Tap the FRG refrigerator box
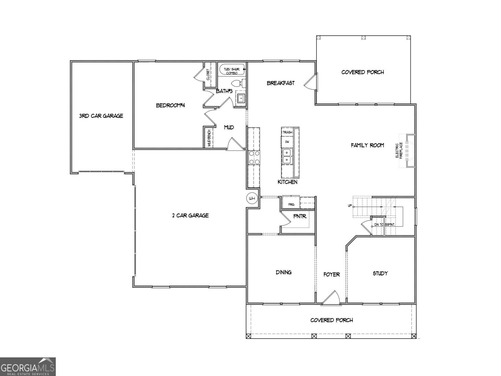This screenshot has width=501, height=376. (291, 204)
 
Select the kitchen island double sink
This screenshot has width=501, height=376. (287, 156)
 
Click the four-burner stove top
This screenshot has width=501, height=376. (254, 158)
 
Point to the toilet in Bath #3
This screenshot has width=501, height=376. (239, 83)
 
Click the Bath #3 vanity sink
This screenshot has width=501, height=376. (241, 98)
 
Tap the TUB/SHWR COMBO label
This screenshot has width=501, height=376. (232, 71)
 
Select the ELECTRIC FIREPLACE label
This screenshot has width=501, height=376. (399, 151)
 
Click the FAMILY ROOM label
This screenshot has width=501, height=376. (367, 145)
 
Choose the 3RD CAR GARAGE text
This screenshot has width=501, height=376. (101, 116)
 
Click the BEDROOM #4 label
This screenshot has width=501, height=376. (171, 105)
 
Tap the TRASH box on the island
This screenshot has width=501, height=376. (287, 132)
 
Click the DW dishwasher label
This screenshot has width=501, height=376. (287, 142)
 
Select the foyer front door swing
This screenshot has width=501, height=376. (331, 298)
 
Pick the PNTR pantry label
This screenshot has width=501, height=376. (300, 216)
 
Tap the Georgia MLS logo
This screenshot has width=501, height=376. (28, 367)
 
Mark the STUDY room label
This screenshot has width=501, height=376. (380, 273)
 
